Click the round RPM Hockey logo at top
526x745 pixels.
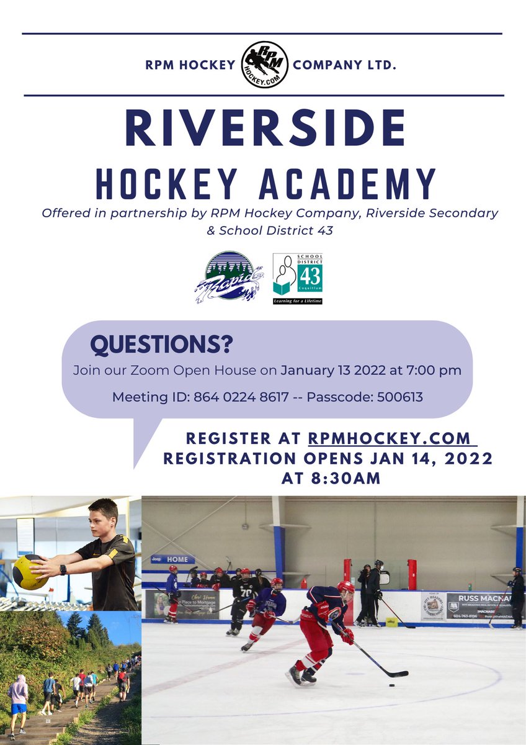(264, 65)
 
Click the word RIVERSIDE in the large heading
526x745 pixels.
(265, 128)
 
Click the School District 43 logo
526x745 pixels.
(298, 278)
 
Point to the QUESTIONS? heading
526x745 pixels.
(162, 343)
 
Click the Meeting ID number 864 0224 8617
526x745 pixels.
(249, 397)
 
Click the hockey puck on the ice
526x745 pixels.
(391, 686)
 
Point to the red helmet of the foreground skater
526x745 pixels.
(345, 587)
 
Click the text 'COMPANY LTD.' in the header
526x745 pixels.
(344, 65)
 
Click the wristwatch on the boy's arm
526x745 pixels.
(63, 569)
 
